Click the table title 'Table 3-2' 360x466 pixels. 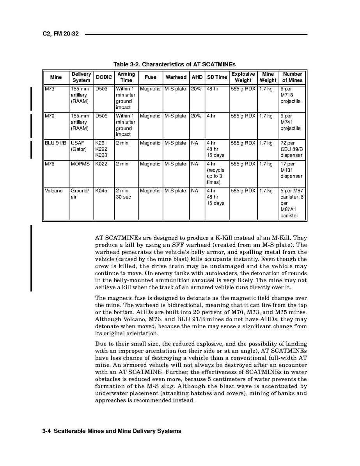[174, 64]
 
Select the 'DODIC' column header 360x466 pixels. [104, 77]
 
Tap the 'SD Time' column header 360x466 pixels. [217, 77]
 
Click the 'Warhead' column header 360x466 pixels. [176, 77]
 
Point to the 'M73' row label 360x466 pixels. [50, 89]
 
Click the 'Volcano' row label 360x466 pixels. [53, 191]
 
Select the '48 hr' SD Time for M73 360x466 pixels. [213, 89]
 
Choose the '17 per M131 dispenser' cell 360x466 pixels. [291, 170]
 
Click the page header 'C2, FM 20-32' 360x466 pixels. [60, 34]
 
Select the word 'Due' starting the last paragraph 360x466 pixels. [101, 344]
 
